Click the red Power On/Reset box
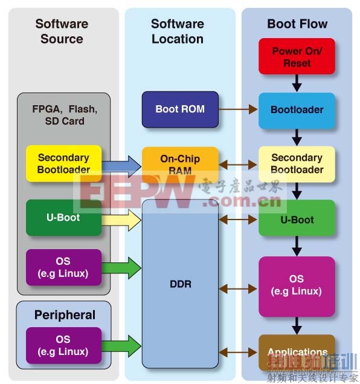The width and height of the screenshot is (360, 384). [297, 56]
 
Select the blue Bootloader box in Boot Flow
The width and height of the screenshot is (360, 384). [297, 110]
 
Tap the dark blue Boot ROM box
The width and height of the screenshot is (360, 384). [180, 109]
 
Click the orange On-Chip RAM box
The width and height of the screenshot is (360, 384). [180, 163]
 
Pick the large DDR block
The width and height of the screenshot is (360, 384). [180, 284]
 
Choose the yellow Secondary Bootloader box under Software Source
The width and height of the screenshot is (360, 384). [63, 163]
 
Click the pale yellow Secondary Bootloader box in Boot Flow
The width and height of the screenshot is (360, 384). [297, 163]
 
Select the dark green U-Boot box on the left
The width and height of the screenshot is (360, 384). [63, 217]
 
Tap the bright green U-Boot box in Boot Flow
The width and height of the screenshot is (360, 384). [297, 219]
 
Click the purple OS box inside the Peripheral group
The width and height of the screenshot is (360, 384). [63, 345]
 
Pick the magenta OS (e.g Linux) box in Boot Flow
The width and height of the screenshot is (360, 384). [297, 286]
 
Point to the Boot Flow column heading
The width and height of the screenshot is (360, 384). [297, 24]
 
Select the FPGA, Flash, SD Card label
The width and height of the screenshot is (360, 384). [65, 115]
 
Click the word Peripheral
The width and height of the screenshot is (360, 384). [65, 314]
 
